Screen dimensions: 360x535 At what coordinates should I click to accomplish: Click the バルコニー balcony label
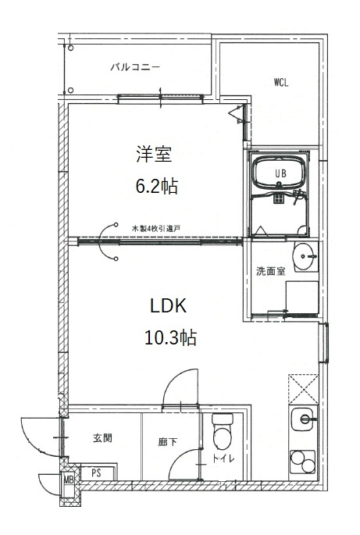(135, 67)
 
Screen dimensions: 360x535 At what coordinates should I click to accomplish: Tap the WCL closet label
(281, 82)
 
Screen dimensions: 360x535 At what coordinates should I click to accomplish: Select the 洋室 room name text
(154, 154)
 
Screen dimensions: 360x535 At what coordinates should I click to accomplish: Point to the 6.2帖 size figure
(157, 186)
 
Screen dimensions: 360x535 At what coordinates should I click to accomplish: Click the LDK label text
(168, 305)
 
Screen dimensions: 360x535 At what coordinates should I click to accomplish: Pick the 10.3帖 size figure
(170, 337)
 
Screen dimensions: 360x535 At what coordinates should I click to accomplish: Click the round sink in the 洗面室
(304, 255)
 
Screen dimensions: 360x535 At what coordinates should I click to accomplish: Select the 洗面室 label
(271, 271)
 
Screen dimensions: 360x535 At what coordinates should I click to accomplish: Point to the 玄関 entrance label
(102, 438)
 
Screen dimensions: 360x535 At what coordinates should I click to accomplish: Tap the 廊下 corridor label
(168, 442)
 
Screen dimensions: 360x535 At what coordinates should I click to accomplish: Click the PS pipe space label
(97, 473)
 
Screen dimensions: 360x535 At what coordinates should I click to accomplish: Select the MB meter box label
(69, 480)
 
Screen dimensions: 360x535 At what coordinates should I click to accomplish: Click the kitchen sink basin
(304, 419)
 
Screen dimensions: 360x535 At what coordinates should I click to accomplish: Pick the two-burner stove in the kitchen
(303, 462)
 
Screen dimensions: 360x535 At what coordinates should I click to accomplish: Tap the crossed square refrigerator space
(303, 389)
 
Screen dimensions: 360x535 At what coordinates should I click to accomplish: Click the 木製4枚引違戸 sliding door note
(156, 229)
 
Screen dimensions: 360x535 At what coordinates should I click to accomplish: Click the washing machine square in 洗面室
(302, 298)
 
